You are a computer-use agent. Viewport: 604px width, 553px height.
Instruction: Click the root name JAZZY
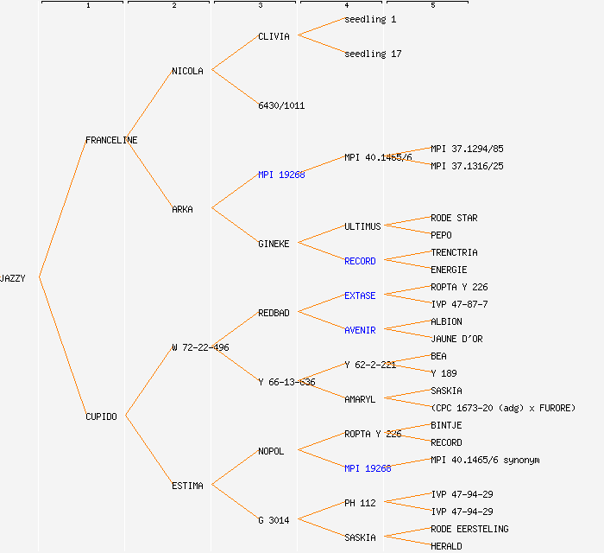pyautogui.click(x=13, y=278)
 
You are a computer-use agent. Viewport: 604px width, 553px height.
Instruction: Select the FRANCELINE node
pyautogui.click(x=111, y=140)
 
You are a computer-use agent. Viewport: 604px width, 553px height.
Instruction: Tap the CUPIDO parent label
pyautogui.click(x=101, y=416)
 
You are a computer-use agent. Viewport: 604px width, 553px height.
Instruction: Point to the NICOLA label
pyautogui.click(x=187, y=71)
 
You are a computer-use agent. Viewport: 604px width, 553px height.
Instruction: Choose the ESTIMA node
pyautogui.click(x=187, y=486)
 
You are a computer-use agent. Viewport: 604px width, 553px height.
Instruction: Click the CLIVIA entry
pyautogui.click(x=274, y=36)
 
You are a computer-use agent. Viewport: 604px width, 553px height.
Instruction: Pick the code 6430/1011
pyautogui.click(x=281, y=105)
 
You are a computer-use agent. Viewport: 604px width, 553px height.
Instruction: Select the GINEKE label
pyautogui.click(x=274, y=244)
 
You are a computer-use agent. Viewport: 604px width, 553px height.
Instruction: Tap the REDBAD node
pyautogui.click(x=274, y=313)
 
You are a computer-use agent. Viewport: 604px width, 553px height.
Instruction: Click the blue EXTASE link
pyautogui.click(x=360, y=296)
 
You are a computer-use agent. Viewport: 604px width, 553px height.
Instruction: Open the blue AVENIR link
pyautogui.click(x=360, y=330)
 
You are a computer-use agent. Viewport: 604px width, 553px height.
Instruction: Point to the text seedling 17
pyautogui.click(x=373, y=54)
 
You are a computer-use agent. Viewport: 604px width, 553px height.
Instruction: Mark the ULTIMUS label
pyautogui.click(x=362, y=226)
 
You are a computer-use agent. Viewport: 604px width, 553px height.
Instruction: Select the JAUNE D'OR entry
pyautogui.click(x=456, y=339)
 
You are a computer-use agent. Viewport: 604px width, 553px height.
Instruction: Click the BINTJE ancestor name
pyautogui.click(x=446, y=425)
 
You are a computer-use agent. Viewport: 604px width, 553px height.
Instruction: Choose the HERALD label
pyautogui.click(x=446, y=546)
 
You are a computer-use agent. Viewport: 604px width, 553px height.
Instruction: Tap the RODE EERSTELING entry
pyautogui.click(x=469, y=529)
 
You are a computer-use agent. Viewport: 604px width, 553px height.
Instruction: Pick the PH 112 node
pyautogui.click(x=360, y=503)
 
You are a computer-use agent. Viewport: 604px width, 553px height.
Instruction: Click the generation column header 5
pyautogui.click(x=433, y=6)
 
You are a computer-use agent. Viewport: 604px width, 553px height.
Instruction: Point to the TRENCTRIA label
pyautogui.click(x=454, y=252)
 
